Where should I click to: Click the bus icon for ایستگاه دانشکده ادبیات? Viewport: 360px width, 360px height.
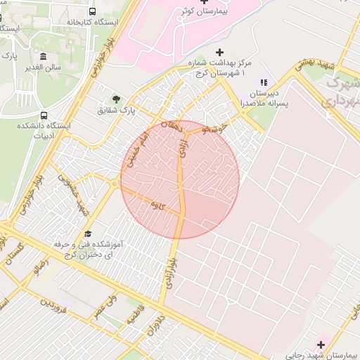tap(44, 115)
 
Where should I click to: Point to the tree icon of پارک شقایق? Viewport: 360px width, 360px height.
tap(117, 98)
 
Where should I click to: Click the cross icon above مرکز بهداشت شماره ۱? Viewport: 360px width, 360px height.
tap(220, 52)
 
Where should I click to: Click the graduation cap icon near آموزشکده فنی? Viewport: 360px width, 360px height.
tap(88, 233)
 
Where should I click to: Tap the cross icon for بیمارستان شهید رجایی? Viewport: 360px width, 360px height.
tap(321, 344)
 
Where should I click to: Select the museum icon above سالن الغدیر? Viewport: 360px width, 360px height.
tap(44, 56)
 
